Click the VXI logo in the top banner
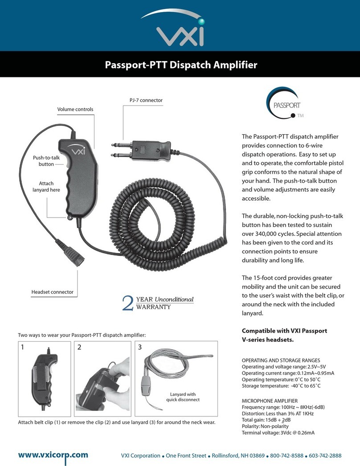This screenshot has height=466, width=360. (180, 30)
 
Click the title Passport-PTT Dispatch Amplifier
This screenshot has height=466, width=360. (180, 65)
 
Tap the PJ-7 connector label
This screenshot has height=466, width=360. (143, 101)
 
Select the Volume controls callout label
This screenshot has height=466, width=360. (75, 109)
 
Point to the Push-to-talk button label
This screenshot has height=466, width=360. (44, 161)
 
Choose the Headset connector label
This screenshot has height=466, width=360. (52, 292)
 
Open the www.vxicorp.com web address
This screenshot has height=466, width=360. (53, 455)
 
